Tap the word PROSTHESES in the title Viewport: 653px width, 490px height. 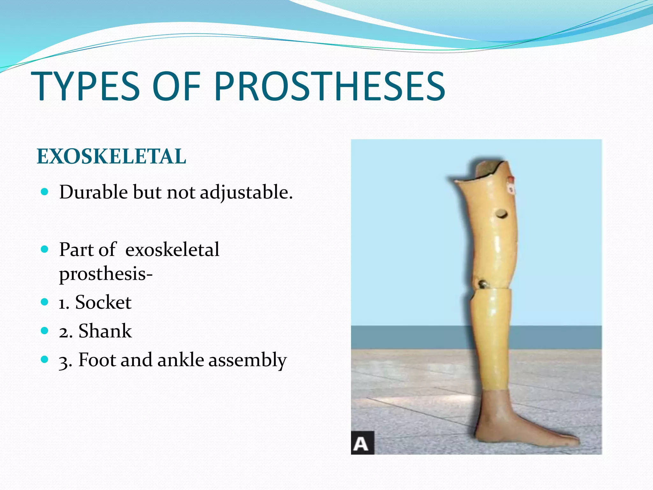330,87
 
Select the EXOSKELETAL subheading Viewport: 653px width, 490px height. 111,157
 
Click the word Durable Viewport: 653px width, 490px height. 93,192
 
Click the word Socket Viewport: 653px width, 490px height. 103,302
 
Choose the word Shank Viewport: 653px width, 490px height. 105,331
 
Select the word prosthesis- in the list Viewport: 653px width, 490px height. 106,274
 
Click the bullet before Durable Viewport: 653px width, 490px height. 45,192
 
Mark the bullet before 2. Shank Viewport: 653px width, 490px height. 45,330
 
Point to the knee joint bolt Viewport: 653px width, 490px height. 482,283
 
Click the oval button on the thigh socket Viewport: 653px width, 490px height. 501,213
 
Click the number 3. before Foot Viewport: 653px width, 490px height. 65,361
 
